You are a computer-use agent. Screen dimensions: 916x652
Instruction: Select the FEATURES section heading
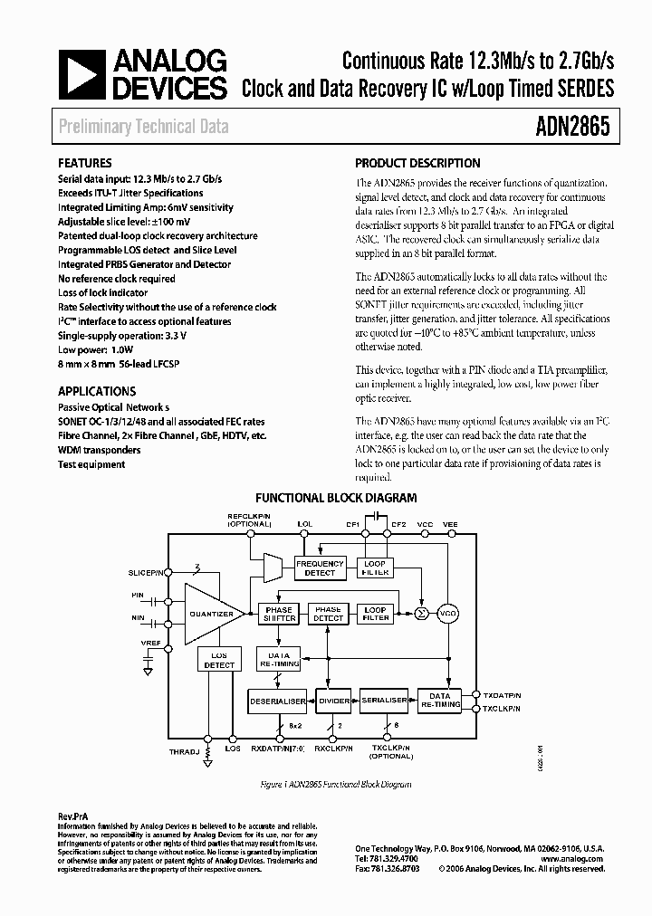(x=85, y=164)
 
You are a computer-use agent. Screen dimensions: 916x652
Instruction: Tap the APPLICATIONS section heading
(x=97, y=391)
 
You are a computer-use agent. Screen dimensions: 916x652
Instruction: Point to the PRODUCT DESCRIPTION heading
(x=417, y=164)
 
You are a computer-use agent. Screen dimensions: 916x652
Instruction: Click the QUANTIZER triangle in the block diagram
(x=213, y=614)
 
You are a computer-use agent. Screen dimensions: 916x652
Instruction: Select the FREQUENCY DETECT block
(x=320, y=568)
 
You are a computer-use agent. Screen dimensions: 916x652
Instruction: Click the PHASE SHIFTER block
(x=279, y=614)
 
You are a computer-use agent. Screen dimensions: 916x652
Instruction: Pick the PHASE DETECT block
(x=328, y=614)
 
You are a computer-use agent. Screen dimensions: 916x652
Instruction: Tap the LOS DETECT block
(x=219, y=660)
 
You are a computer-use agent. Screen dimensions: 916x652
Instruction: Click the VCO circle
(x=448, y=614)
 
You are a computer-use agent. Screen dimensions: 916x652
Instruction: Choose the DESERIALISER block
(x=277, y=700)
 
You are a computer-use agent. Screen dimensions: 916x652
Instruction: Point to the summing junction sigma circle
(x=419, y=614)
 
